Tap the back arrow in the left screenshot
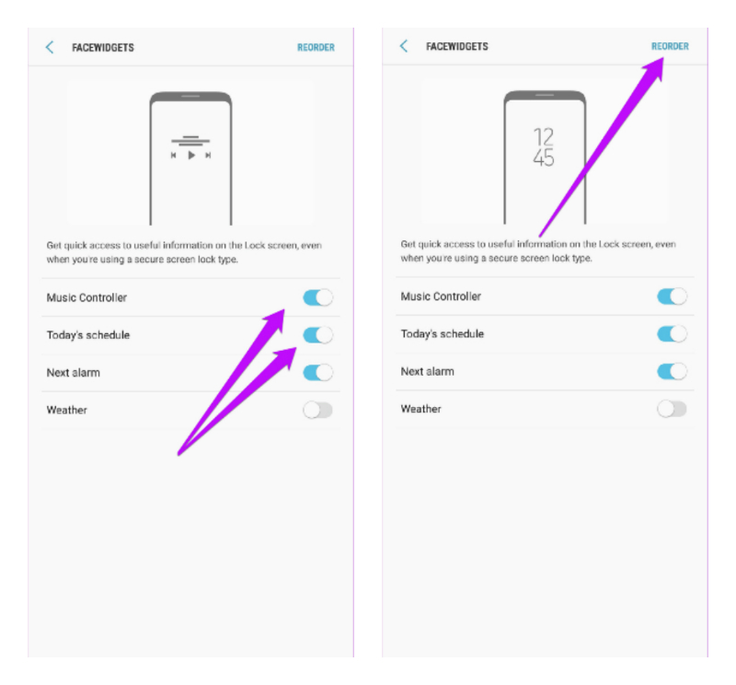pyautogui.click(x=50, y=48)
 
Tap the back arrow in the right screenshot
pyautogui.click(x=404, y=46)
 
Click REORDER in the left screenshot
pyautogui.click(x=316, y=48)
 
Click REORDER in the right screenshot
pyautogui.click(x=670, y=46)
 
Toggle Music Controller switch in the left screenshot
pyautogui.click(x=317, y=297)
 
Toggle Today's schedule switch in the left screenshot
pyautogui.click(x=317, y=335)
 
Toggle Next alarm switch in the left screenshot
pyautogui.click(x=317, y=373)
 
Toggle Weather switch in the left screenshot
pyautogui.click(x=317, y=410)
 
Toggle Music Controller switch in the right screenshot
pyautogui.click(x=673, y=296)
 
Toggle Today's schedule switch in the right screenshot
pyautogui.click(x=673, y=333)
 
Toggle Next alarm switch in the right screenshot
pyautogui.click(x=673, y=371)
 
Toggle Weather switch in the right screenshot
pyautogui.click(x=673, y=409)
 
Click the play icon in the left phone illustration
pyautogui.click(x=191, y=155)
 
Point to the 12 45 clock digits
pyautogui.click(x=544, y=147)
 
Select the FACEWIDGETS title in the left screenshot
pyautogui.click(x=103, y=48)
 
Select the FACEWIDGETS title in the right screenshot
pyautogui.click(x=457, y=46)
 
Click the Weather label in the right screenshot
pyautogui.click(x=421, y=409)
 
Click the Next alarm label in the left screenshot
pyautogui.click(x=74, y=373)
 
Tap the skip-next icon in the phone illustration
pyautogui.click(x=208, y=155)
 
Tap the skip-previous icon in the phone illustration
pyautogui.click(x=174, y=155)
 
